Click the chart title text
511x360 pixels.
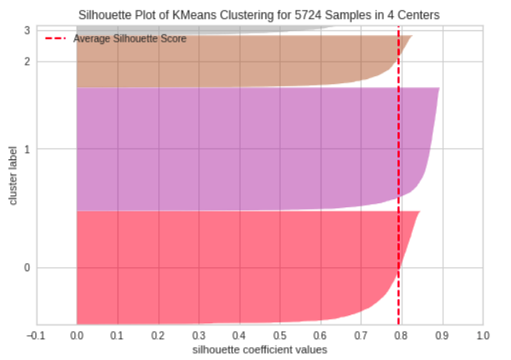pyautogui.click(x=260, y=14)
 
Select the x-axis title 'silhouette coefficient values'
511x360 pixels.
pyautogui.click(x=260, y=350)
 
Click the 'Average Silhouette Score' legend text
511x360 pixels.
pyautogui.click(x=130, y=38)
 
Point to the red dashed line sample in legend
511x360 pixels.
pyautogui.click(x=56, y=38)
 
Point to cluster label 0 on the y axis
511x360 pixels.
pyautogui.click(x=26, y=267)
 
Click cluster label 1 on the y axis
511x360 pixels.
pyautogui.click(x=26, y=149)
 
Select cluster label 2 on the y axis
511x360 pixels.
pyautogui.click(x=26, y=62)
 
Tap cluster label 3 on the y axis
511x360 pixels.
pyautogui.click(x=26, y=30)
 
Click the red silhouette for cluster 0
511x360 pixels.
pyautogui.click(x=232, y=268)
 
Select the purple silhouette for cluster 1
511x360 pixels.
pyautogui.click(x=240, y=149)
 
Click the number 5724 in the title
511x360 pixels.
pyautogui.click(x=332, y=14)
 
